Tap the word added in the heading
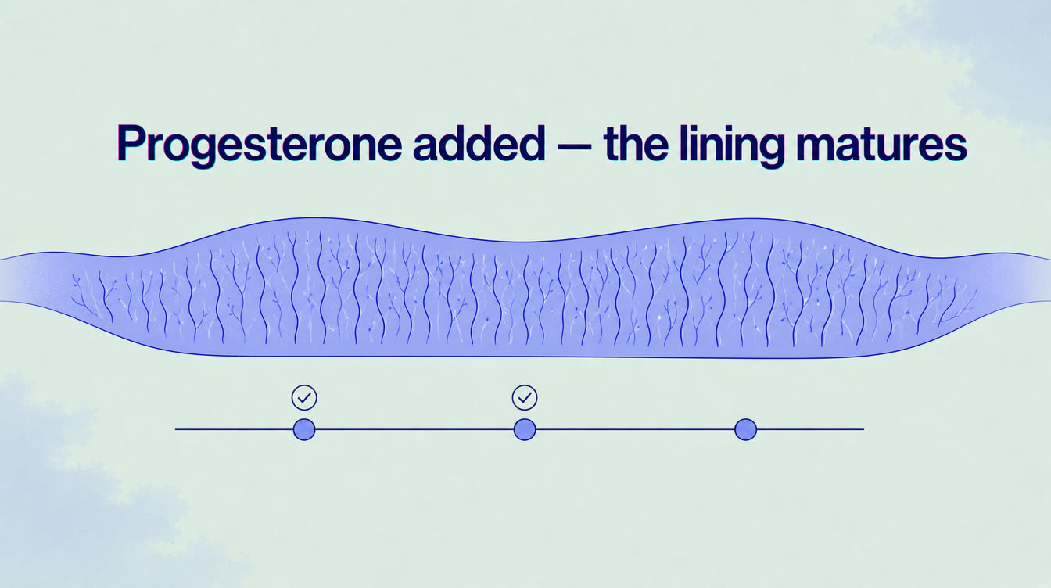tap(479, 142)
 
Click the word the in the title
tap(636, 142)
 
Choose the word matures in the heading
tap(881, 145)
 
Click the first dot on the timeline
tap(304, 429)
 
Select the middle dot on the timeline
tap(525, 429)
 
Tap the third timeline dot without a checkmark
tap(745, 429)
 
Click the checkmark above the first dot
tap(304, 398)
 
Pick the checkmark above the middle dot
tap(525, 398)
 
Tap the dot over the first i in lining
tap(698, 128)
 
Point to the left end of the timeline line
tap(176, 429)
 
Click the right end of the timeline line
tap(863, 429)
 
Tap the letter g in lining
tap(769, 151)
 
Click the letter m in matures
tap(816, 147)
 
